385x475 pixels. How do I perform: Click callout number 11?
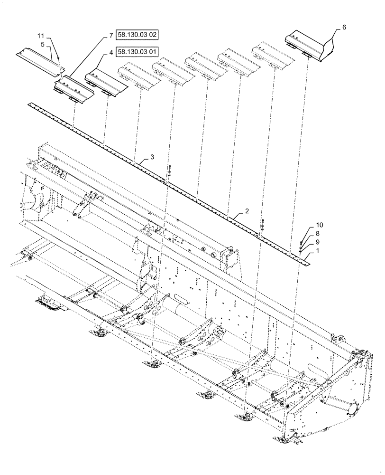[41, 36]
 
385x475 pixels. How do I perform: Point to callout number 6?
[344, 27]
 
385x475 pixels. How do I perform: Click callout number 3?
[152, 156]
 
